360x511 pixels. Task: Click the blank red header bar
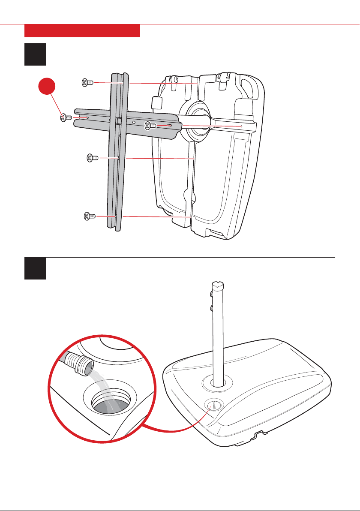pos(82,31)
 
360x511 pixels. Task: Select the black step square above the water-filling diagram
pos(36,269)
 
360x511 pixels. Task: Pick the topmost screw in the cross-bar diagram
pos(87,83)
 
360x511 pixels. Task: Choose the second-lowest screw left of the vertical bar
pos(92,158)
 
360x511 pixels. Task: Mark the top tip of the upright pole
pos(219,284)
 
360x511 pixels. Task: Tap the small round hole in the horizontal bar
pos(134,122)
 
